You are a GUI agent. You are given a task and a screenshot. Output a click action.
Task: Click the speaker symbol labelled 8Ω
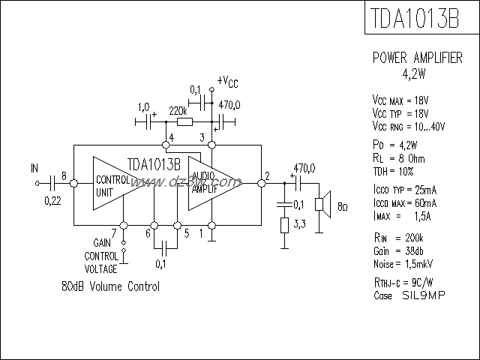pyautogui.click(x=321, y=203)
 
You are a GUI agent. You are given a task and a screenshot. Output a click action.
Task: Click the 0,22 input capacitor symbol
pyautogui.click(x=52, y=181)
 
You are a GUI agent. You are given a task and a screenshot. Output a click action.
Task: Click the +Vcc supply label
pyautogui.click(x=228, y=81)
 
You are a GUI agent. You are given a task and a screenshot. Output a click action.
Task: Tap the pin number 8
pyautogui.click(x=64, y=176)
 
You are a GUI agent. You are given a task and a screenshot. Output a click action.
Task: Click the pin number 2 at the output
pyautogui.click(x=266, y=176)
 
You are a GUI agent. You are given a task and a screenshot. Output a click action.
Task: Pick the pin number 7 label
pyautogui.click(x=113, y=232)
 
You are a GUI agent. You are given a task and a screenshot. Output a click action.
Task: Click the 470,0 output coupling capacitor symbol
pyautogui.click(x=300, y=181)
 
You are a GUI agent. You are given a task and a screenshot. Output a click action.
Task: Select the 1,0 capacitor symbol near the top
pyautogui.click(x=143, y=121)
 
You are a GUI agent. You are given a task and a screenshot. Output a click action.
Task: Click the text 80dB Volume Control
pyautogui.click(x=110, y=287)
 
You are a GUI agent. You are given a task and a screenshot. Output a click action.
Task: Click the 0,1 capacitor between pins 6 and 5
pyautogui.click(x=165, y=245)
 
